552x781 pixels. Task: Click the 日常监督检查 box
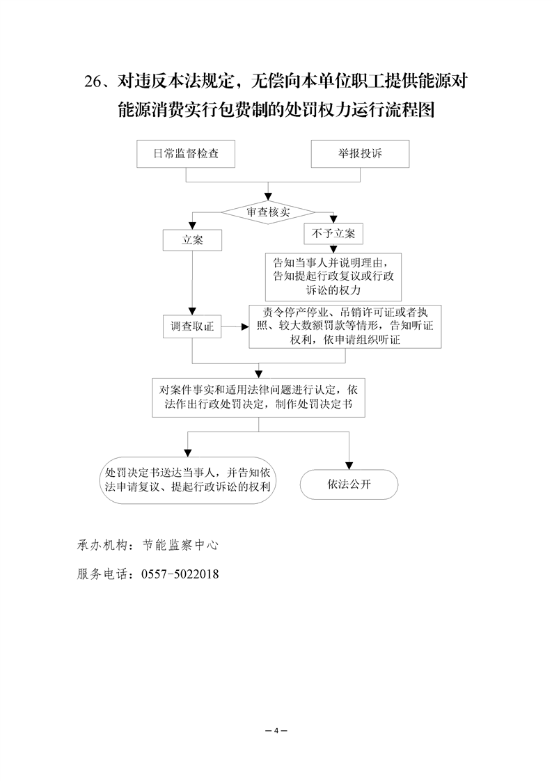186,154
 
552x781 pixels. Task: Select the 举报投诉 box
356,154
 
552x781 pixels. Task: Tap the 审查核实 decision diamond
268,212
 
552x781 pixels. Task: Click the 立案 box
192,239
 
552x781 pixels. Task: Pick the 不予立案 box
333,234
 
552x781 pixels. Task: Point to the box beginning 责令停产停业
346,326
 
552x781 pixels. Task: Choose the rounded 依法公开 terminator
349,485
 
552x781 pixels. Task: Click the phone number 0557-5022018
180,574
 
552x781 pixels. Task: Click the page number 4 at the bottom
276,730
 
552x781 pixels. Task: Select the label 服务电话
101,574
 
